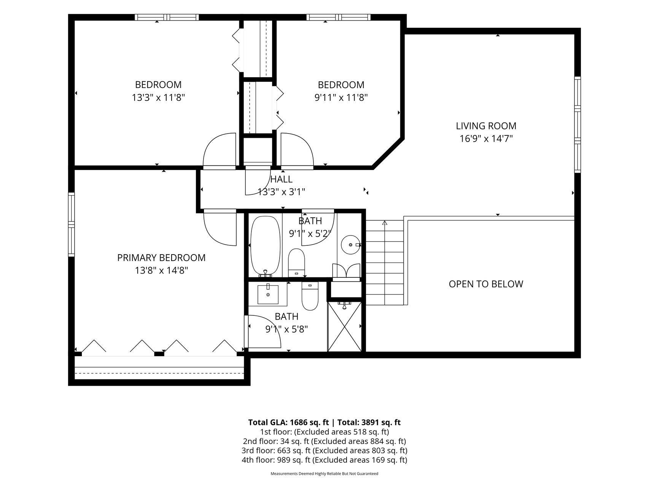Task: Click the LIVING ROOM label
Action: coord(486,126)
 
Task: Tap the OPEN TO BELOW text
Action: coord(486,284)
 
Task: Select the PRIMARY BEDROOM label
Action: coord(161,258)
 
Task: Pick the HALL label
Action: coord(281,179)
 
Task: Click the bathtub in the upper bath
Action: coord(265,246)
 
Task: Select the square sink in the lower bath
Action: coord(268,294)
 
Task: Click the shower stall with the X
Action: coord(344,326)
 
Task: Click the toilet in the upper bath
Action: coord(296,263)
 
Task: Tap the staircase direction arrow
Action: coord(385,223)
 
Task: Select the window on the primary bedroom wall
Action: coord(71,224)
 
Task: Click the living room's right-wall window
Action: coord(577,124)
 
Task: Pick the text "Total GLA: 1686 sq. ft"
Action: coord(288,422)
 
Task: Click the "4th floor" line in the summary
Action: coord(324,460)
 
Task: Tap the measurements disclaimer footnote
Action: coord(324,474)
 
